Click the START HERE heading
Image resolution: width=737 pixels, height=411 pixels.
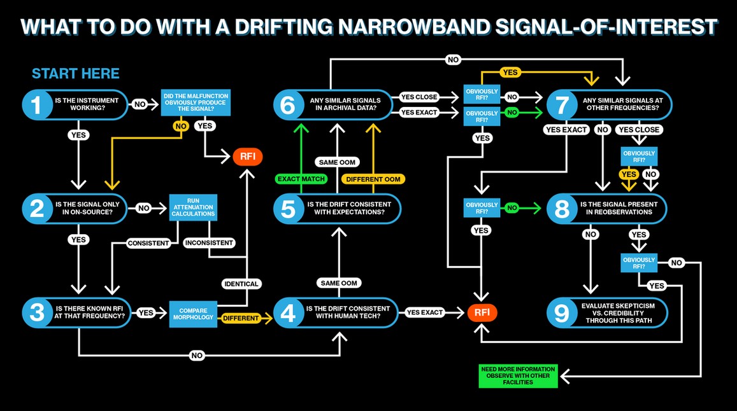click(76, 74)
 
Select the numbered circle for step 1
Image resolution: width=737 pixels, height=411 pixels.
click(37, 104)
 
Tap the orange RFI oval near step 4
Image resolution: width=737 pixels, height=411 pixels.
click(482, 313)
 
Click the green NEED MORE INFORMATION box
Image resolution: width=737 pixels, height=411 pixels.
click(518, 376)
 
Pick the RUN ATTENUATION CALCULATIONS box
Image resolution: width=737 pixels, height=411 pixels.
click(193, 207)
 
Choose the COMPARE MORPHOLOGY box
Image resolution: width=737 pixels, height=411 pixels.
click(193, 314)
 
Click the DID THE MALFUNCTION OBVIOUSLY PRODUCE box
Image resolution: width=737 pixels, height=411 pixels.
click(196, 102)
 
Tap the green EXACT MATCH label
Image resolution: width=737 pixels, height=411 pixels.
click(301, 179)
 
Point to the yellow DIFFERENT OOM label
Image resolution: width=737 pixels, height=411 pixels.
click(373, 179)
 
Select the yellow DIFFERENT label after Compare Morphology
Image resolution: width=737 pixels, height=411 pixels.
click(241, 318)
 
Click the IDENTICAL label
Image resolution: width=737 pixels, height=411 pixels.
click(241, 284)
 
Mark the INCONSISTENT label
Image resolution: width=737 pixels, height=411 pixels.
click(209, 243)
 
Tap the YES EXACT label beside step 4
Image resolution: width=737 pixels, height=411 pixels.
click(425, 312)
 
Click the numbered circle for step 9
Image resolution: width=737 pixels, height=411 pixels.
click(562, 313)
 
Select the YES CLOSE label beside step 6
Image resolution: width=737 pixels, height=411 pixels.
click(419, 97)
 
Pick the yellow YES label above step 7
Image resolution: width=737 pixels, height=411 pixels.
click(510, 73)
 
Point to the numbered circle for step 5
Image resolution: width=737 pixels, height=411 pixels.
click(288, 209)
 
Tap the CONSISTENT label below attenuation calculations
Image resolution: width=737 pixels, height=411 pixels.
click(148, 243)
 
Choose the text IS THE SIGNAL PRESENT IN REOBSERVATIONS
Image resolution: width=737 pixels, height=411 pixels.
click(619, 208)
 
